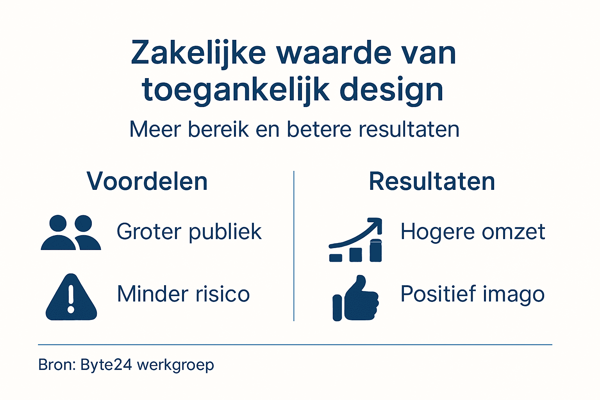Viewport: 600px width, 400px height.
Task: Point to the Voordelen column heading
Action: tap(147, 181)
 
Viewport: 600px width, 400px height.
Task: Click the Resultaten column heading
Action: tap(432, 181)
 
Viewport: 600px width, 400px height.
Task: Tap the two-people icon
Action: tap(71, 232)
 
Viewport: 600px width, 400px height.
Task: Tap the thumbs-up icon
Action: tap(355, 299)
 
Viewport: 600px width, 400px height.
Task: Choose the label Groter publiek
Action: tap(189, 232)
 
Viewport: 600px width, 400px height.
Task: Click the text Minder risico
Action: tap(183, 294)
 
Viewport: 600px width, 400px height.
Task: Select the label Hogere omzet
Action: tap(473, 232)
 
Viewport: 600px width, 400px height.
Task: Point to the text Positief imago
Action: tap(473, 294)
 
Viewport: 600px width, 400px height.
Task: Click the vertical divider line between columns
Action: tap(294, 246)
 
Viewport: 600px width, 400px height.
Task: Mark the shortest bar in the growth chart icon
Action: tap(336, 257)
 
